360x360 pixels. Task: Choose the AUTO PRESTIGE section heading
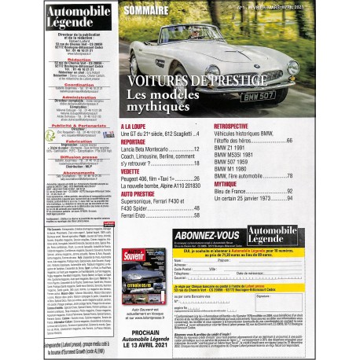(140, 193)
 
